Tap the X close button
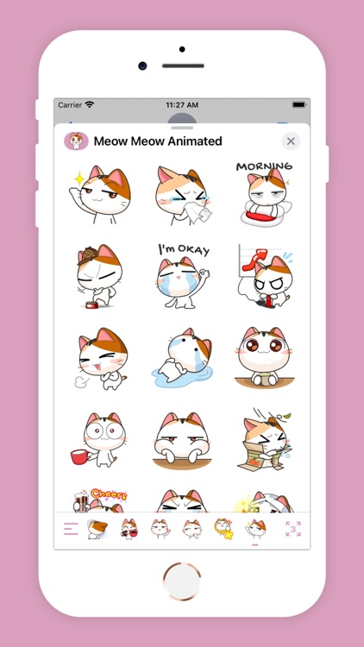pos(291,141)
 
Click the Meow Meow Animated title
pos(158,141)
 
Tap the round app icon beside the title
pos(77,141)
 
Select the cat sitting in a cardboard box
pos(264,440)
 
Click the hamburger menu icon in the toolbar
pos(71,529)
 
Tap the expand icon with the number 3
pos(292,529)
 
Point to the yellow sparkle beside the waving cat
pos(78,179)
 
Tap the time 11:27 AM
pos(182,104)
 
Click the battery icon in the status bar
pos(298,104)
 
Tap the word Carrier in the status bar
pos(70,104)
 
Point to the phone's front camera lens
pos(142,66)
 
